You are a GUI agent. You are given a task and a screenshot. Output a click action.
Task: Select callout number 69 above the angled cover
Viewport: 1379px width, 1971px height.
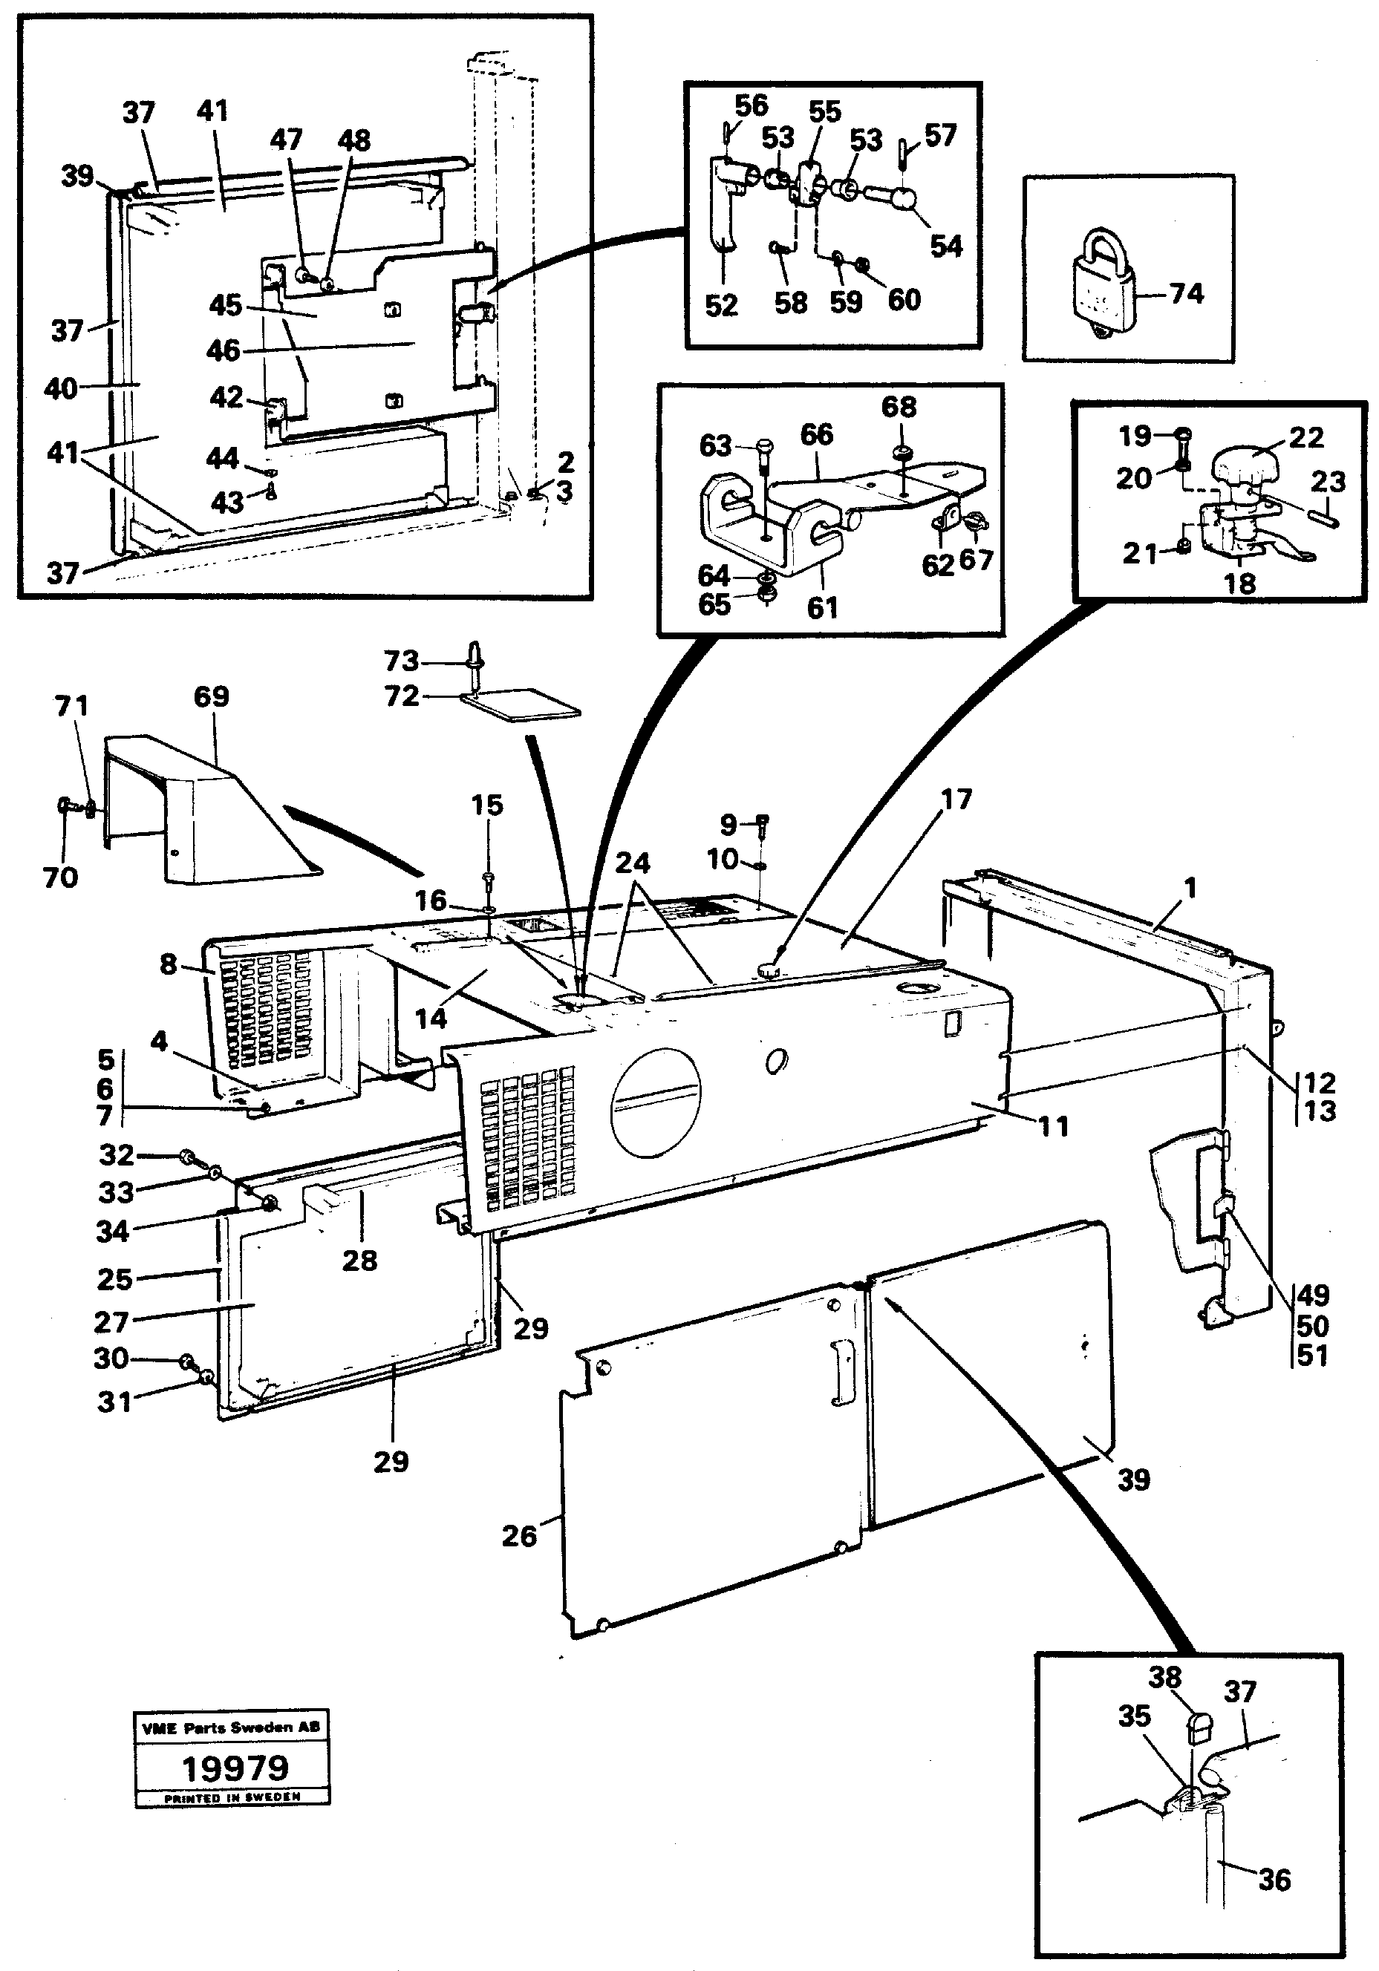pyautogui.click(x=211, y=696)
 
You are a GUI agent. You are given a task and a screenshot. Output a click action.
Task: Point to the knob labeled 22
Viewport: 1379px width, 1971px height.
pyautogui.click(x=1245, y=468)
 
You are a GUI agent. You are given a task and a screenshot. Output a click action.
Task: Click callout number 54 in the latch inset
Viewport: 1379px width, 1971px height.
pyautogui.click(x=947, y=246)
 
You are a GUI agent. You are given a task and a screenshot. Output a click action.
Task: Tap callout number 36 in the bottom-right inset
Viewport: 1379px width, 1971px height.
pyautogui.click(x=1274, y=1880)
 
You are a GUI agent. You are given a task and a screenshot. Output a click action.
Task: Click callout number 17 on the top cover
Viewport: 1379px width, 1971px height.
pyautogui.click(x=956, y=800)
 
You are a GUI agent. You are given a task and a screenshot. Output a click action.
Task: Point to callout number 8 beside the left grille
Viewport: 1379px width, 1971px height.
pyautogui.click(x=169, y=964)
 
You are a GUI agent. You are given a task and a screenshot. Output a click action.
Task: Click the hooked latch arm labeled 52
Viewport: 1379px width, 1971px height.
pyautogui.click(x=723, y=206)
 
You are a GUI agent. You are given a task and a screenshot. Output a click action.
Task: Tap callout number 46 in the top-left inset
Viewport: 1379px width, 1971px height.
pyautogui.click(x=224, y=350)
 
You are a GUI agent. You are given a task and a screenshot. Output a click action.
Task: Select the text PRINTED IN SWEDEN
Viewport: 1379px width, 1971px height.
pyautogui.click(x=232, y=1797)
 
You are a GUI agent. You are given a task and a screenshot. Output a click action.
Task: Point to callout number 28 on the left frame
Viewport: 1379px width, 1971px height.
pyautogui.click(x=359, y=1261)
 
